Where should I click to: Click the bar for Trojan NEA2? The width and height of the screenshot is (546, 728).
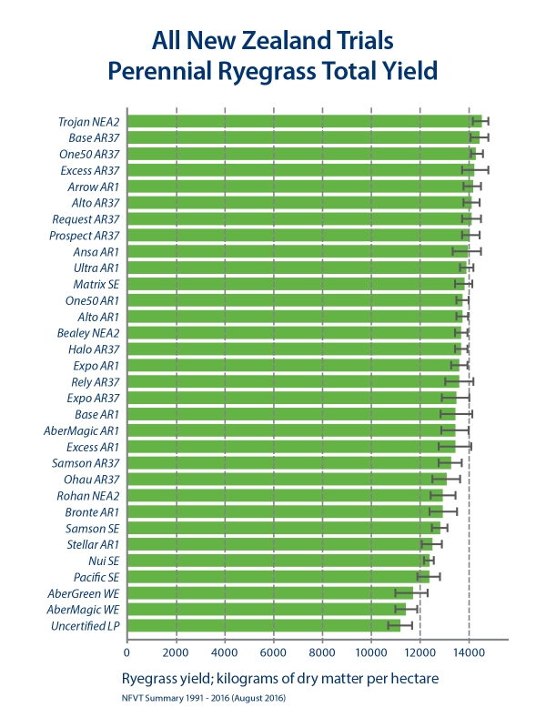click(300, 121)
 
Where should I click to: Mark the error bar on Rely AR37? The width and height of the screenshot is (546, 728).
click(459, 381)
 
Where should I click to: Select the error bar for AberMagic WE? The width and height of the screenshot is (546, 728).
click(406, 609)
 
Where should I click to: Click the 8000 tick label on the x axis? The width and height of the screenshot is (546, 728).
click(322, 652)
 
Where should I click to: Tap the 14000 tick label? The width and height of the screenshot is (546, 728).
click(468, 652)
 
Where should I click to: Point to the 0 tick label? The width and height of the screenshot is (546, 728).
click(127, 652)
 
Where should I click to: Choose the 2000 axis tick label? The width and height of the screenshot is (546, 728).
click(176, 652)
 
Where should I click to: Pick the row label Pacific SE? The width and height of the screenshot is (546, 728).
click(96, 577)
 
